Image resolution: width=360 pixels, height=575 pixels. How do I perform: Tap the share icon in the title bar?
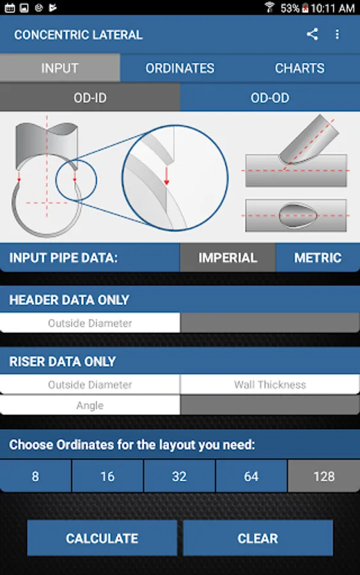coord(312,34)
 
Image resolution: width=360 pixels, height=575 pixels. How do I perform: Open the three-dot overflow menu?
coord(337,34)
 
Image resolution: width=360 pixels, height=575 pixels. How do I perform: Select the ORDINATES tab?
coord(180,68)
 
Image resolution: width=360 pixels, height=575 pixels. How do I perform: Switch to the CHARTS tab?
coord(300,68)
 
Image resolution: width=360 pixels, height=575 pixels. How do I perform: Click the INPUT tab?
coord(60,68)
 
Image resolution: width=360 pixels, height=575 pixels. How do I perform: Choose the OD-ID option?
coord(90,98)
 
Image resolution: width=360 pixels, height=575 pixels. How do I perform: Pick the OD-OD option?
coord(270,98)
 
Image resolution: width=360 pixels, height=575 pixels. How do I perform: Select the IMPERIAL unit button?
coord(228,258)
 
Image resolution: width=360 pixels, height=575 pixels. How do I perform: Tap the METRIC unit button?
coord(318,258)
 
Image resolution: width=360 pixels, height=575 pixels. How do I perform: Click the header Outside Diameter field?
coord(90,323)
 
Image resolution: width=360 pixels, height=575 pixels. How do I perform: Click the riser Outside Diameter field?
coord(90,385)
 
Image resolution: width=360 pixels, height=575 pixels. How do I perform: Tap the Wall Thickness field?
coord(270,385)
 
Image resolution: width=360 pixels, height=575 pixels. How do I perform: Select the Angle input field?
coord(90,406)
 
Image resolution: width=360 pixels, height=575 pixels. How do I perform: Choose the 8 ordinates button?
coord(35,477)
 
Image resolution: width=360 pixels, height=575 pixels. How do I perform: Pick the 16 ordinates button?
coord(107,477)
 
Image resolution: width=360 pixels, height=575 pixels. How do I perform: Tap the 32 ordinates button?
coord(180,477)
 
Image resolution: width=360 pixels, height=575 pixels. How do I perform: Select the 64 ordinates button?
coord(251,477)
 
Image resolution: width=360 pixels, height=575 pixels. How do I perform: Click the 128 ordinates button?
coord(324,477)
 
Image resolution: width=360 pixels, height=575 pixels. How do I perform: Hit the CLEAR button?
coord(258,538)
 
